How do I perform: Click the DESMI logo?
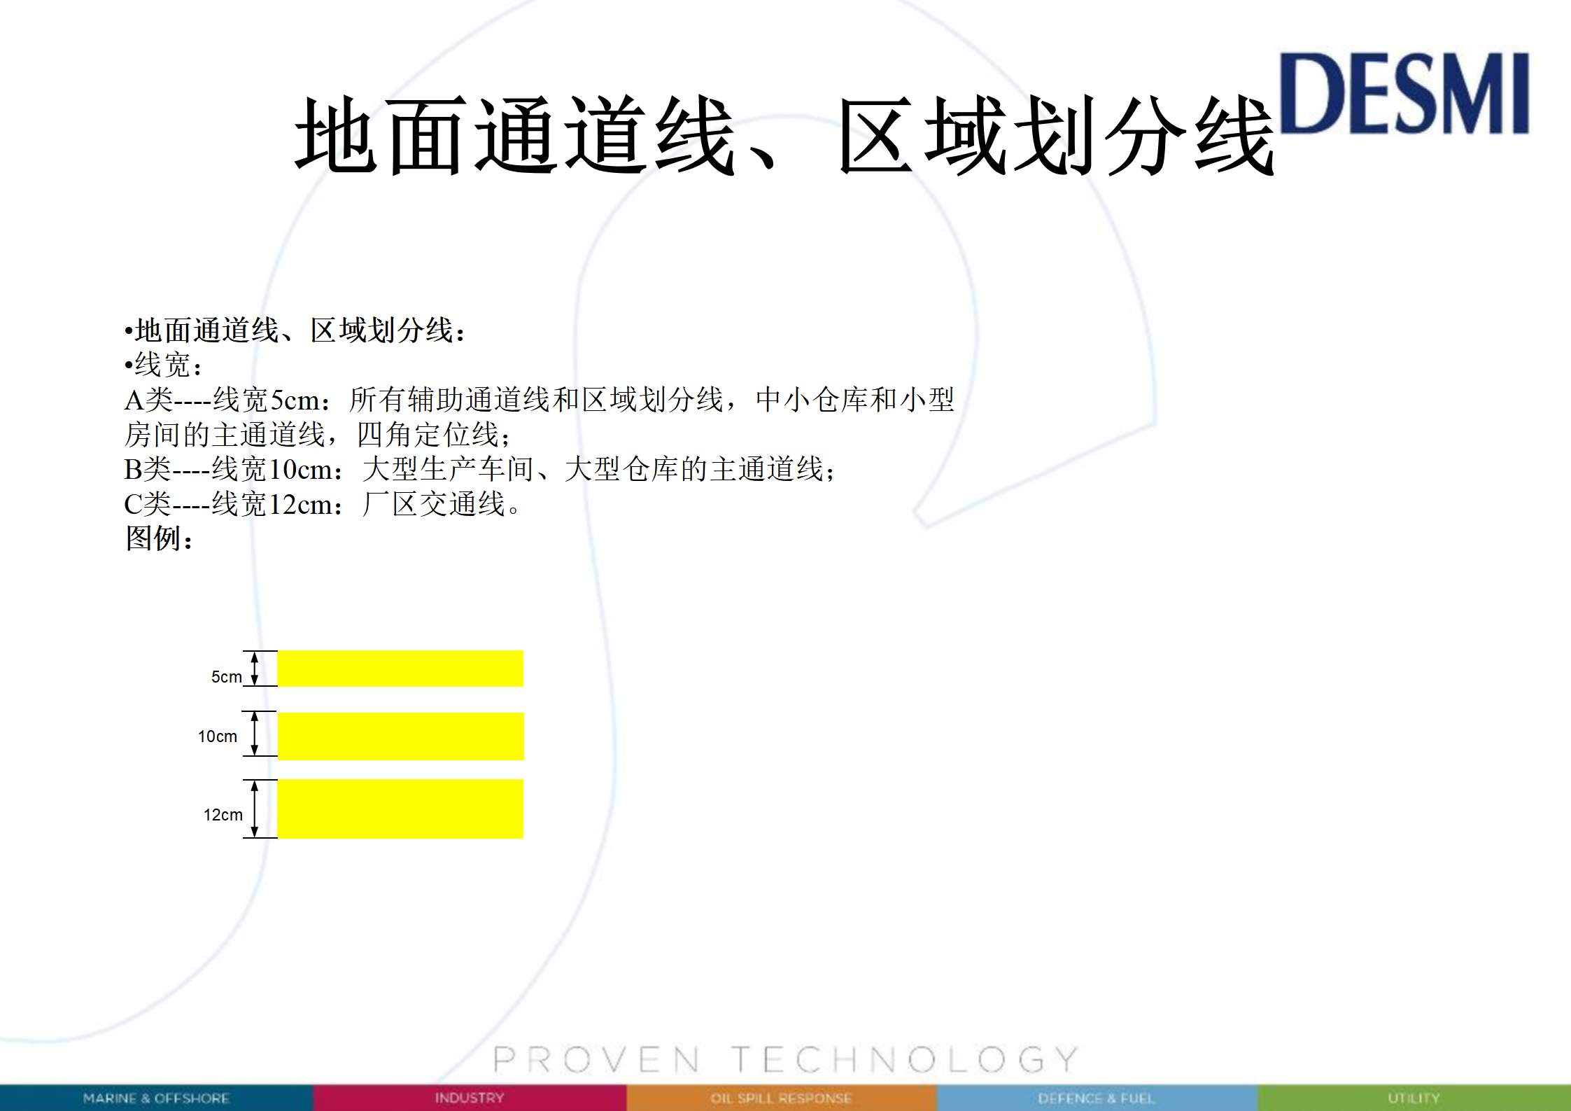click(x=1404, y=93)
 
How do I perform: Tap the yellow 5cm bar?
click(x=400, y=669)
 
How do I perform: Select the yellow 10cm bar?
click(x=401, y=736)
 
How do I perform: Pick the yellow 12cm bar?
click(x=400, y=809)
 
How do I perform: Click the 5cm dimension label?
click(x=227, y=677)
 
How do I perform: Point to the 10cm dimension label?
click(x=218, y=736)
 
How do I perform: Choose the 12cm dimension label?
click(x=223, y=815)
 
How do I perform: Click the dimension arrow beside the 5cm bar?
click(x=255, y=669)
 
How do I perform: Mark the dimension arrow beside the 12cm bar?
click(x=255, y=809)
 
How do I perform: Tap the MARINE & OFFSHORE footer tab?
click(x=156, y=1098)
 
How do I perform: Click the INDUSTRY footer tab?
click(x=470, y=1098)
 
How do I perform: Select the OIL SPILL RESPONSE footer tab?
click(x=781, y=1098)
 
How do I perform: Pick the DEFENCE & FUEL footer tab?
click(x=1097, y=1098)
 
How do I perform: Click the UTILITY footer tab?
click(x=1414, y=1098)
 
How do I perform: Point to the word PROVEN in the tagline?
click(x=596, y=1059)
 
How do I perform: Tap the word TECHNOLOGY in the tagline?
click(x=905, y=1059)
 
